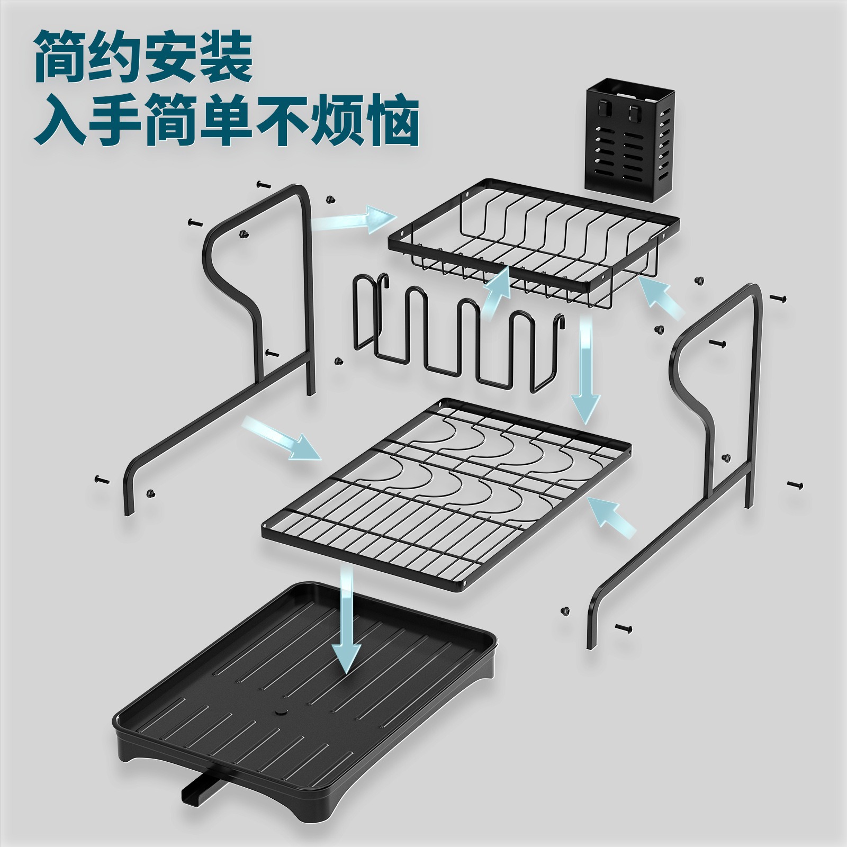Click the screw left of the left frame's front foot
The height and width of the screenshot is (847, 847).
[x=101, y=479]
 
